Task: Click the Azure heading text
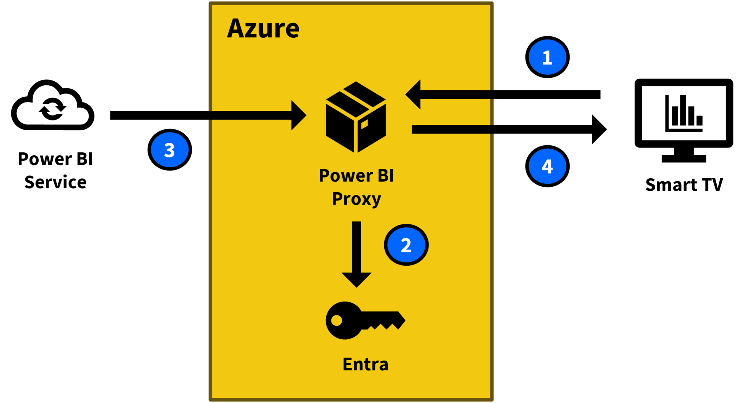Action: (263, 29)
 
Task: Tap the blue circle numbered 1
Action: (547, 57)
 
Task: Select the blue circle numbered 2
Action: (406, 245)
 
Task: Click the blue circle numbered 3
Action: (170, 150)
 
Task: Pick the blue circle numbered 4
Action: (547, 166)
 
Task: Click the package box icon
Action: (356, 117)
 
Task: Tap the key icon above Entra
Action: (365, 320)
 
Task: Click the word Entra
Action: (365, 364)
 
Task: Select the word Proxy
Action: (356, 199)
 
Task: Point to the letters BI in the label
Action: (385, 176)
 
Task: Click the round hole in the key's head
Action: (337, 321)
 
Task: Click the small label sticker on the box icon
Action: (364, 124)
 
